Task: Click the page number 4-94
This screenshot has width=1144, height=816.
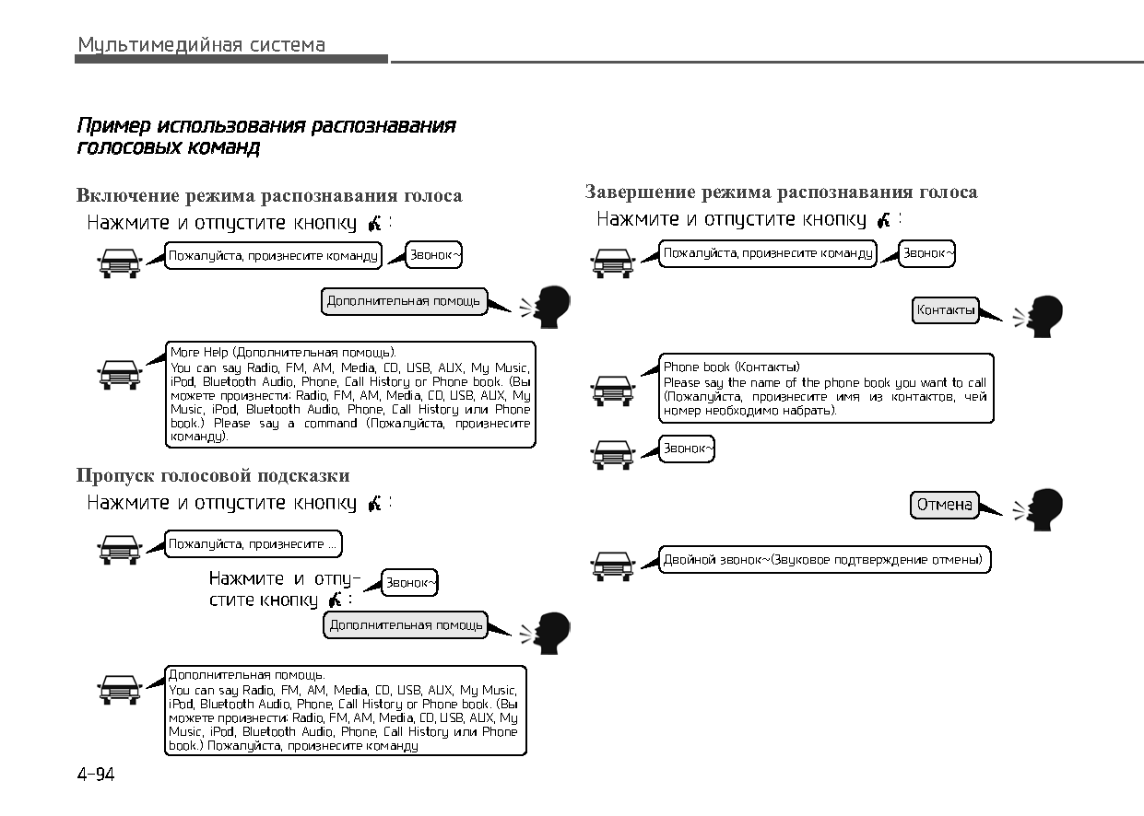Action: tap(96, 775)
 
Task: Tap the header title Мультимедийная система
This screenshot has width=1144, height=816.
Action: tap(201, 45)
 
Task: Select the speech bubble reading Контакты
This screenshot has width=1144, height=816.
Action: tap(945, 309)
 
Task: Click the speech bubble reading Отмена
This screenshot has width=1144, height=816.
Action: tap(945, 505)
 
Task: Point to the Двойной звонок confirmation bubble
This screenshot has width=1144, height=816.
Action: tap(824, 559)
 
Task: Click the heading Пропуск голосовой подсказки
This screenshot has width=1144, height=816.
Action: tap(213, 475)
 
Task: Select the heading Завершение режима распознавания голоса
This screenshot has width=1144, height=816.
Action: tap(782, 192)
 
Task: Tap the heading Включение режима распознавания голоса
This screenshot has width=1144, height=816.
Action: tap(269, 195)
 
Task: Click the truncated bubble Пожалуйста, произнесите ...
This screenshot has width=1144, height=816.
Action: tap(254, 544)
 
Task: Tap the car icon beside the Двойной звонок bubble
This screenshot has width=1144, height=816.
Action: tap(612, 565)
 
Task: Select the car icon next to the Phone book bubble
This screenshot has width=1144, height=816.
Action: tap(612, 391)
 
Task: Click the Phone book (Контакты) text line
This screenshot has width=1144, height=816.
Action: tap(731, 367)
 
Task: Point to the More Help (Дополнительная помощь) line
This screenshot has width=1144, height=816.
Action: tap(283, 352)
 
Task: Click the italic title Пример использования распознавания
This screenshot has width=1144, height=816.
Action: tap(266, 125)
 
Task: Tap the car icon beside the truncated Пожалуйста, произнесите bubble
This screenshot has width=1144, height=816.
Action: tap(120, 549)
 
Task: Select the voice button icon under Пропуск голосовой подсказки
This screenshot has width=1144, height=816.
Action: tap(375, 503)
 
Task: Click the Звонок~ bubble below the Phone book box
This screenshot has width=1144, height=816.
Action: tap(687, 449)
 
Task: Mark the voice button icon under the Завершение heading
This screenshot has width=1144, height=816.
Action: tap(883, 220)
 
